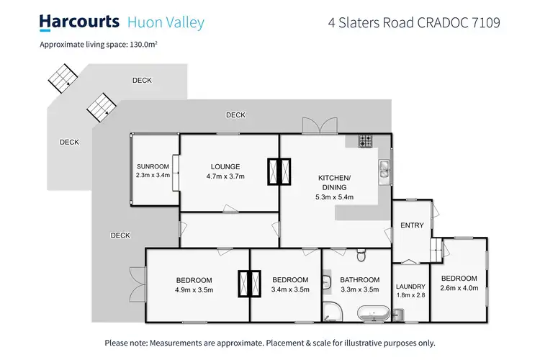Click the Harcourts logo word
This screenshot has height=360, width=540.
78,22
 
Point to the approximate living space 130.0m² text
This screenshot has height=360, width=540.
99,45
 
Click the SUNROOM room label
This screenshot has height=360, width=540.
152,170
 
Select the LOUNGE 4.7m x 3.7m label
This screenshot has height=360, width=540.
226,171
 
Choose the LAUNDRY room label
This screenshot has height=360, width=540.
410,290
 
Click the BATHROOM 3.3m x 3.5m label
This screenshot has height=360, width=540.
359,284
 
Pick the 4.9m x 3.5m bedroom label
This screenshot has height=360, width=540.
194,284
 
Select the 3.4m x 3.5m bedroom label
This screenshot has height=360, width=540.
290,284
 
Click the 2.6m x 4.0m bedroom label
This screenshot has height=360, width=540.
459,283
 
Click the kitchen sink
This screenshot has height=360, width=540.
384,170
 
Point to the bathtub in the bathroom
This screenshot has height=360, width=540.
374,313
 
